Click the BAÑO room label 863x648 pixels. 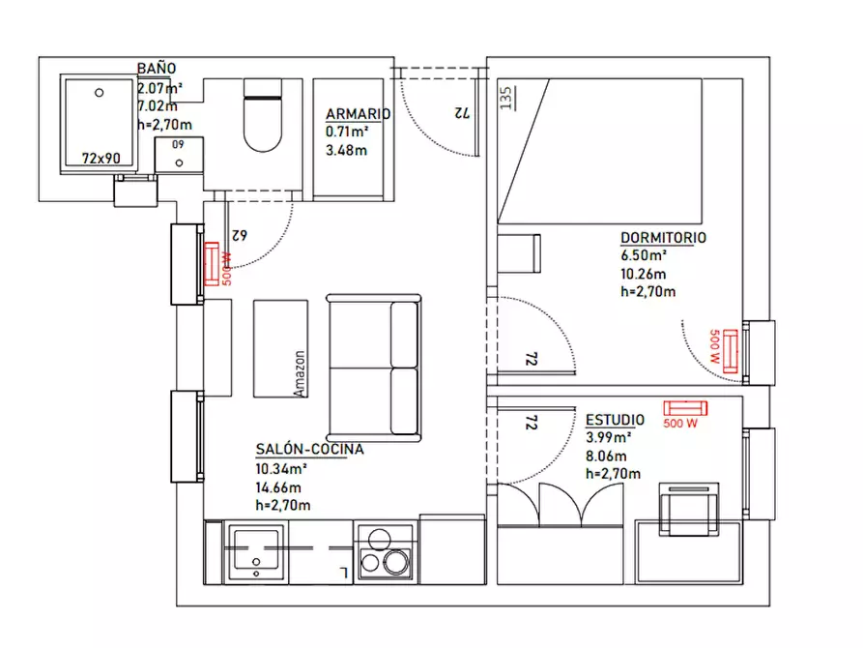tap(157, 69)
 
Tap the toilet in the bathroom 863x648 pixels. tap(263, 115)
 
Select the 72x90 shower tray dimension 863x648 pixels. tap(101, 159)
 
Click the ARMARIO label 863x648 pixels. tap(358, 114)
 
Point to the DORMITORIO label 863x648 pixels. tap(663, 238)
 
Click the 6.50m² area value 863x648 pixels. tap(644, 255)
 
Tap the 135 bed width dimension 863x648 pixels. tap(505, 98)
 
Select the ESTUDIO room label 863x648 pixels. tap(615, 420)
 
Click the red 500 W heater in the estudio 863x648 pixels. tap(685, 408)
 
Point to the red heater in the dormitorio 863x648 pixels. tap(731, 351)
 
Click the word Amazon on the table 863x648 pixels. tap(300, 373)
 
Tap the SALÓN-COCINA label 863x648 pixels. tap(309, 449)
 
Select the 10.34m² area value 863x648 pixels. tap(280, 469)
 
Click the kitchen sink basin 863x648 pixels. tap(256, 550)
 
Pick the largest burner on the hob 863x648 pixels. tap(396, 562)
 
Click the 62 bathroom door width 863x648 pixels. tap(240, 235)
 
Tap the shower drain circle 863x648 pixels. tap(100, 93)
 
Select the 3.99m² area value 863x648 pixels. tap(608, 437)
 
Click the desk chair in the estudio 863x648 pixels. tap(688, 509)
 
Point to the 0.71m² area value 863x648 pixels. tap(347, 132)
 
